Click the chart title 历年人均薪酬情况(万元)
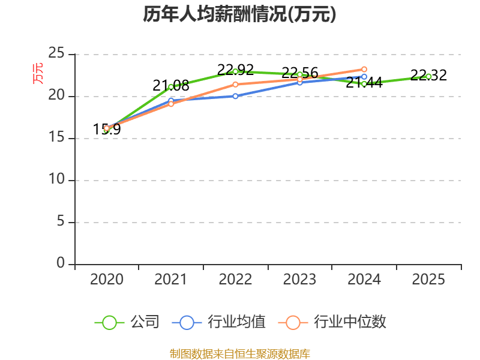tap(239, 14)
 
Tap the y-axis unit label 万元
tap(38, 73)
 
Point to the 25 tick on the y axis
tap(56, 53)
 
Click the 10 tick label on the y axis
tap(56, 179)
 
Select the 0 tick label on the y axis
tap(61, 263)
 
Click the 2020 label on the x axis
tap(107, 279)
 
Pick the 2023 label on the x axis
tap(299, 279)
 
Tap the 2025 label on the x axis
tap(428, 279)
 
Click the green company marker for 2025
tap(428, 77)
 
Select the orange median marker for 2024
tap(364, 70)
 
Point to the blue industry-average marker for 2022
tap(235, 96)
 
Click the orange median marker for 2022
tap(235, 85)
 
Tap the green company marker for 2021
tap(171, 87)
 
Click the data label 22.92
tap(235, 70)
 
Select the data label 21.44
tap(364, 83)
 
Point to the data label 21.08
tap(171, 85)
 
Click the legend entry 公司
tap(127, 322)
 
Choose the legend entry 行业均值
tap(219, 322)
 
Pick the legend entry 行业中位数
tap(332, 322)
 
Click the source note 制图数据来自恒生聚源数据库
tap(239, 354)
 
